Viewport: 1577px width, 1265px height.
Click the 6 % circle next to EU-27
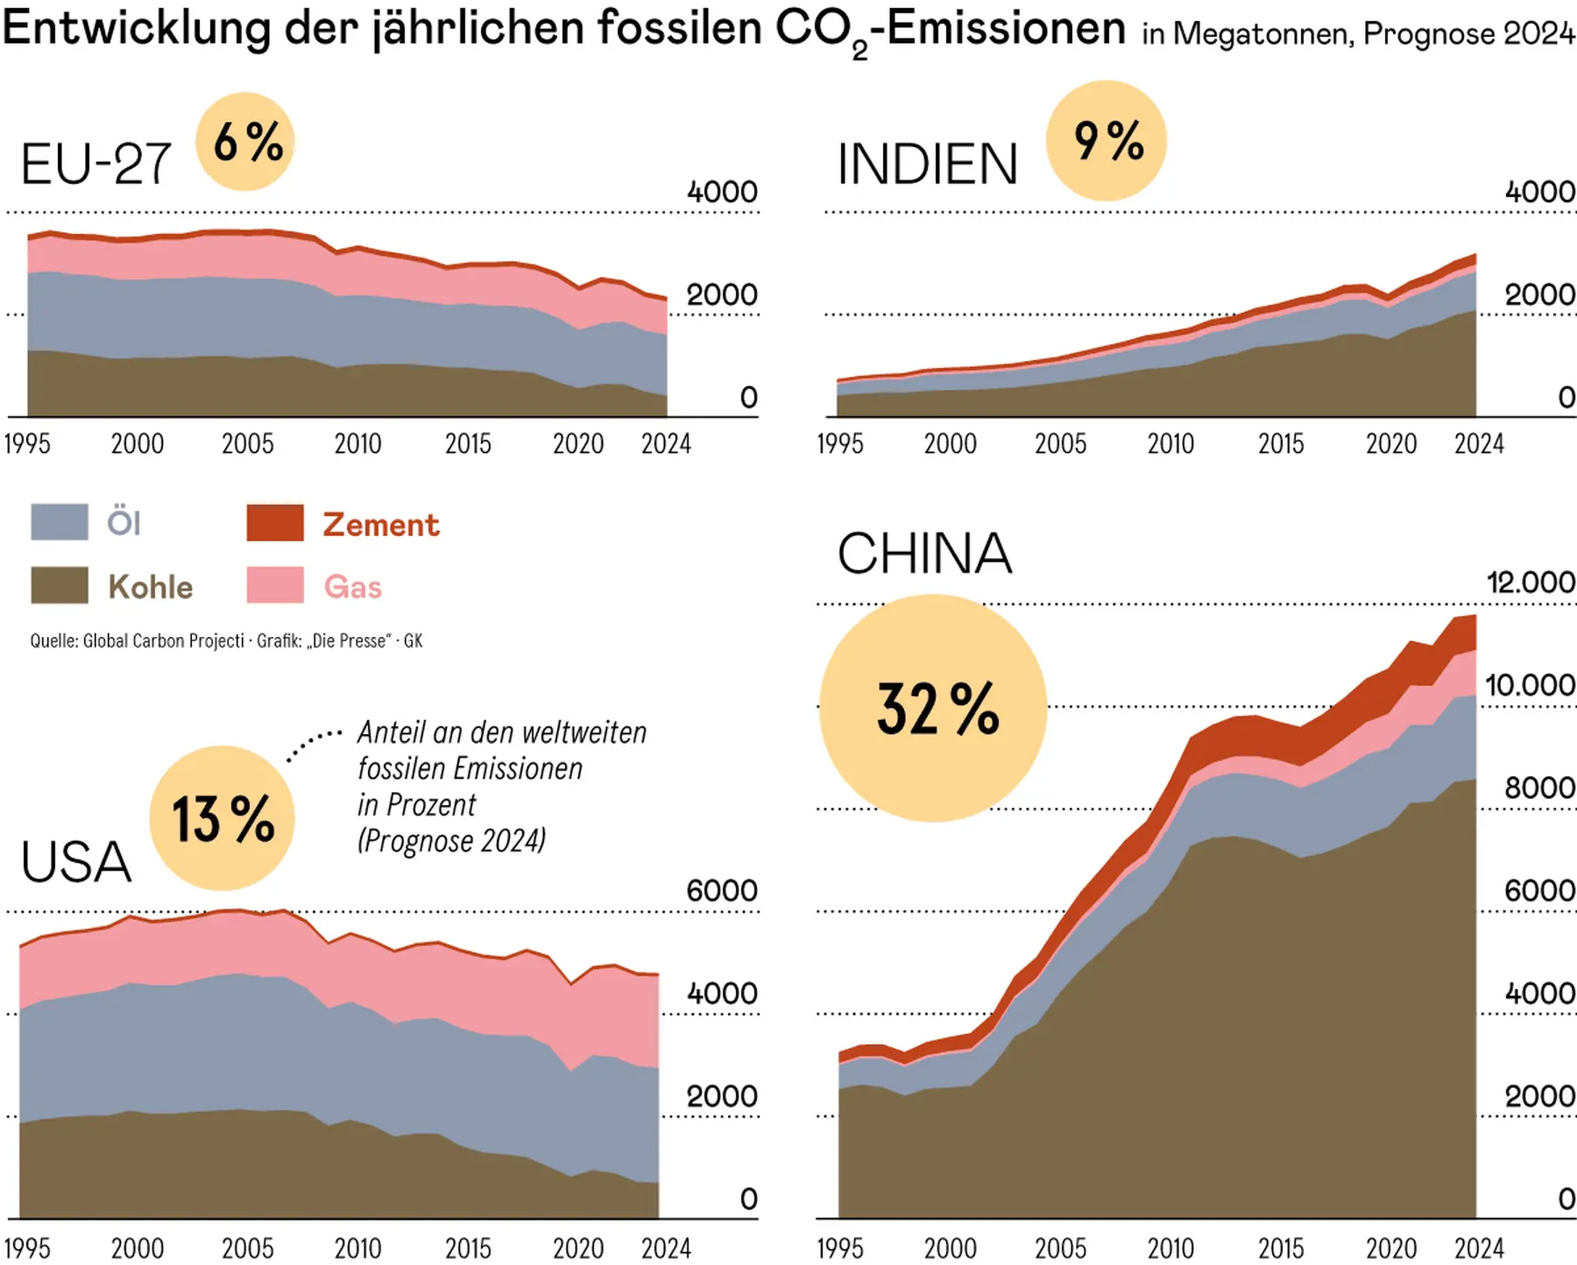click(245, 142)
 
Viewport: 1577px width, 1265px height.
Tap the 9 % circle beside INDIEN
click(1107, 141)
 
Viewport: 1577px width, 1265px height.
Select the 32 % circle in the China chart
click(934, 708)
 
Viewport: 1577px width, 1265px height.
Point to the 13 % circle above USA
click(223, 818)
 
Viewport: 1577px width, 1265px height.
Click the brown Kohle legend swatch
click(60, 585)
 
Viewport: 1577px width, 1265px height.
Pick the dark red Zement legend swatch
click(275, 522)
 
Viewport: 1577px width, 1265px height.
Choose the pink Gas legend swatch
click(275, 585)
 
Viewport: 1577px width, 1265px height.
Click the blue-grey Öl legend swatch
click(60, 522)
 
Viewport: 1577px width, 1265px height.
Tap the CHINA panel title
click(924, 554)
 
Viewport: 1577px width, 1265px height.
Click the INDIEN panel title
click(927, 164)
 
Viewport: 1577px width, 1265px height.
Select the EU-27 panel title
click(95, 164)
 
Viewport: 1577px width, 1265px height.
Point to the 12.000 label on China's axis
click(1530, 583)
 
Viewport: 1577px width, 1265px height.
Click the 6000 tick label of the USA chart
click(721, 891)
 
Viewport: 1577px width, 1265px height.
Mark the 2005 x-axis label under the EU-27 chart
click(247, 444)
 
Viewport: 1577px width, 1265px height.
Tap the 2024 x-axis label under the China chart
click(1479, 1247)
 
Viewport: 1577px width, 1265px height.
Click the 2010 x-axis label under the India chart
click(1170, 444)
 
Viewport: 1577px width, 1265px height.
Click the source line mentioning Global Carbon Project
click(226, 641)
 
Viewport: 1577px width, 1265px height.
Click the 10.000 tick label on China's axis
click(1530, 685)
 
